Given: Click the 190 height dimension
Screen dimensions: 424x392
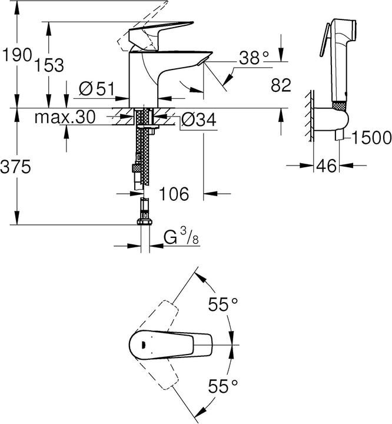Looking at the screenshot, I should click(15, 55).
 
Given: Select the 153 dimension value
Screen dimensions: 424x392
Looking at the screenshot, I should click(49, 65).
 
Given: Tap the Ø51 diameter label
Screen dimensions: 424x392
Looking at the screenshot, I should click(96, 88).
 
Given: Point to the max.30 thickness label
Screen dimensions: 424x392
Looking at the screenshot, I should click(64, 117).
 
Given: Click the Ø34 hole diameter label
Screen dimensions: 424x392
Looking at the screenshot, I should click(198, 120).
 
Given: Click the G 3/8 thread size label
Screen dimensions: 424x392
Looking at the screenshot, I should click(180, 238).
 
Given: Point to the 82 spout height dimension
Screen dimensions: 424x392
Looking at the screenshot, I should click(281, 85).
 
